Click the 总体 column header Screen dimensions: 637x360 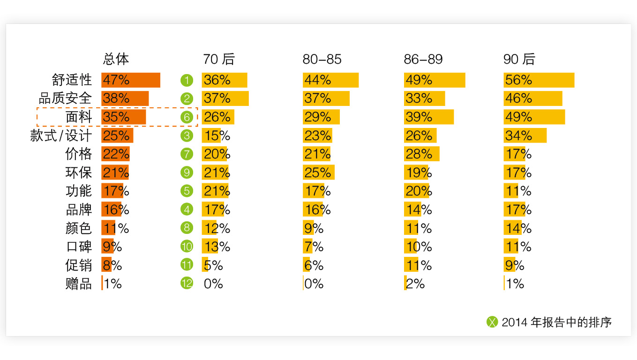116,59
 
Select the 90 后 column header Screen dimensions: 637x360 519,59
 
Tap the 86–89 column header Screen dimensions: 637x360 423,59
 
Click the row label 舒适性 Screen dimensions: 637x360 72,80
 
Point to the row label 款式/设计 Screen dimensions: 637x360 61,135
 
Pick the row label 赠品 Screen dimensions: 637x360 78,284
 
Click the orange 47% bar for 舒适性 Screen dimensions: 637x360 131,80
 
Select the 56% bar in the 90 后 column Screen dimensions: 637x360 539,80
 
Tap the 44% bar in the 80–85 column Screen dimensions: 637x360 331,80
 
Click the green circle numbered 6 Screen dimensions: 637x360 187,117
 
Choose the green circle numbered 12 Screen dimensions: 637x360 187,283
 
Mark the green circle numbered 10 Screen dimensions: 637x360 187,246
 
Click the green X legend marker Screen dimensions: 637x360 492,322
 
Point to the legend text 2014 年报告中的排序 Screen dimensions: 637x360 556,322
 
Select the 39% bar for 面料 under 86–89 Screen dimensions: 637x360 429,117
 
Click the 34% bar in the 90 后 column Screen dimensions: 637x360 525,135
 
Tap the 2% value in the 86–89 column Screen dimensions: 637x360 415,284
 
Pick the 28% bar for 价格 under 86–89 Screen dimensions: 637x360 422,154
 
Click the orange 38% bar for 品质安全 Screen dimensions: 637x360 125,98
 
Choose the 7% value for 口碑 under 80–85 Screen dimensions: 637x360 314,247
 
